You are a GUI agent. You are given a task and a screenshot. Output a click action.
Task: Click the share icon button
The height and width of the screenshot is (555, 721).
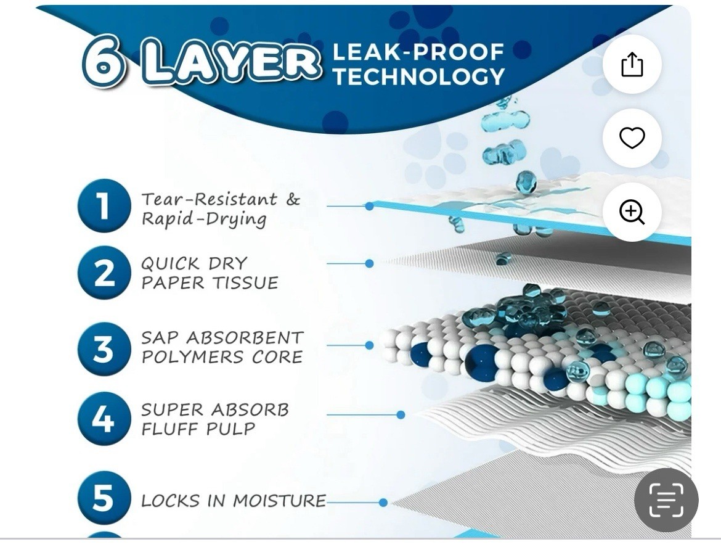(632, 64)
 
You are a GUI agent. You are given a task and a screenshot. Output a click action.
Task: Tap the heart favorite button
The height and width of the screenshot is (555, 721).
(632, 138)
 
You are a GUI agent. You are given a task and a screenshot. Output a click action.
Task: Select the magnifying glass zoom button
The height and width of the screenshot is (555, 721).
(632, 212)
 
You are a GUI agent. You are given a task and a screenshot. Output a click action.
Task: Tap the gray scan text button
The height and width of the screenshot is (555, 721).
(666, 499)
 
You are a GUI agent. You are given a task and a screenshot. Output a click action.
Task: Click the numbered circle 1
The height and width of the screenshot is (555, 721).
(104, 205)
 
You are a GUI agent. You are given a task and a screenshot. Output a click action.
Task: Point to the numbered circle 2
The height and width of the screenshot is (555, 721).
(104, 273)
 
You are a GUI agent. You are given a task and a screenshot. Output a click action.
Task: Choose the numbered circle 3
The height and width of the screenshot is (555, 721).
(104, 348)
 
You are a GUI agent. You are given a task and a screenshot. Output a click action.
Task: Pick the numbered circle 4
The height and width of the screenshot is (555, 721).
(104, 418)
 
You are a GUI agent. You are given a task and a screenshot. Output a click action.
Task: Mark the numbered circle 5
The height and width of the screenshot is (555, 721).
(104, 498)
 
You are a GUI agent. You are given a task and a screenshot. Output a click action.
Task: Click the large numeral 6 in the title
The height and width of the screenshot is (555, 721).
(104, 62)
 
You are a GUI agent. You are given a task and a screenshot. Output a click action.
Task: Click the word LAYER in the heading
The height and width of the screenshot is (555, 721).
(229, 62)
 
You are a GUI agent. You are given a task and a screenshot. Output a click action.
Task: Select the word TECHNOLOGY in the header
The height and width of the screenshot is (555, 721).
(419, 76)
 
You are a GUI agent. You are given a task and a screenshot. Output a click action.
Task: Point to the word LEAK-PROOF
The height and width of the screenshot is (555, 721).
(418, 52)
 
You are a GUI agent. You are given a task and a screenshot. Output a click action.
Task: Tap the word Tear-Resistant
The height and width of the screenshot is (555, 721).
(210, 199)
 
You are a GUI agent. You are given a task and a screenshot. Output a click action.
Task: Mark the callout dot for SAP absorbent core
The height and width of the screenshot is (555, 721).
(369, 345)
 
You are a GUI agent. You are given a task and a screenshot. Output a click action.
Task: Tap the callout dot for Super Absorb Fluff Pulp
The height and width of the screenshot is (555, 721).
(401, 414)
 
